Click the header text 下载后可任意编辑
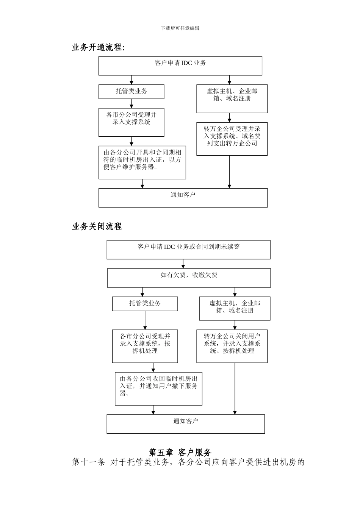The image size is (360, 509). pos(180,28)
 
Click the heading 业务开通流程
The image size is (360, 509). pos(98,47)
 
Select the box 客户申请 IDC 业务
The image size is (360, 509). pos(180,66)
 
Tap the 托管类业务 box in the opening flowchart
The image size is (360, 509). pos(131,92)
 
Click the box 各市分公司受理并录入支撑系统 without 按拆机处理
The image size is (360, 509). pos(131,122)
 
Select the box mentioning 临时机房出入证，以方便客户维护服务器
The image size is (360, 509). pos(142,162)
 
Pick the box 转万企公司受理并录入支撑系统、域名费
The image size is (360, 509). pos(232,138)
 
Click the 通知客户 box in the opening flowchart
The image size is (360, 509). pos(183,197)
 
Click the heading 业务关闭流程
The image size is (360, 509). pos(97,226)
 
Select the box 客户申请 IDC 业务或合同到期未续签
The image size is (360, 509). pos(188,249)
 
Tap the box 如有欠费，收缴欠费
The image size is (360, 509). pos(189,278)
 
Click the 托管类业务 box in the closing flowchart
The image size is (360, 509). pos(145,304)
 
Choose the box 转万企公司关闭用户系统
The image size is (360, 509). pos(232,346)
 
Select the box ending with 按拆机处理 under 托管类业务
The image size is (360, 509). pos(145,346)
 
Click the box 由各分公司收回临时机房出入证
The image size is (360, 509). pos(158,388)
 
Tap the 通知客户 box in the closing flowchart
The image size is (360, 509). pos(185,423)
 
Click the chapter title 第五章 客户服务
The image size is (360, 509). pos(180,452)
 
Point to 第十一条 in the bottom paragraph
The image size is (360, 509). pos(88,462)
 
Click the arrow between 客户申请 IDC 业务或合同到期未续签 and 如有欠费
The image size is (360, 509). pos(183,264)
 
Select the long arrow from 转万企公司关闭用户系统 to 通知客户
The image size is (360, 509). pos(235,388)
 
